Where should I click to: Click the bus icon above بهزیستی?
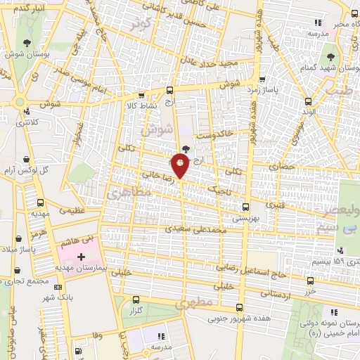(x=245, y=207)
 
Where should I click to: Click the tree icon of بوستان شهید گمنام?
(x=330, y=57)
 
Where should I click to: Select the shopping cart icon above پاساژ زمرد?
(x=262, y=79)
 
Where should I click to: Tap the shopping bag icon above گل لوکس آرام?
(x=26, y=159)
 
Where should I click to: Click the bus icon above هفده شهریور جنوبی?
(x=240, y=307)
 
